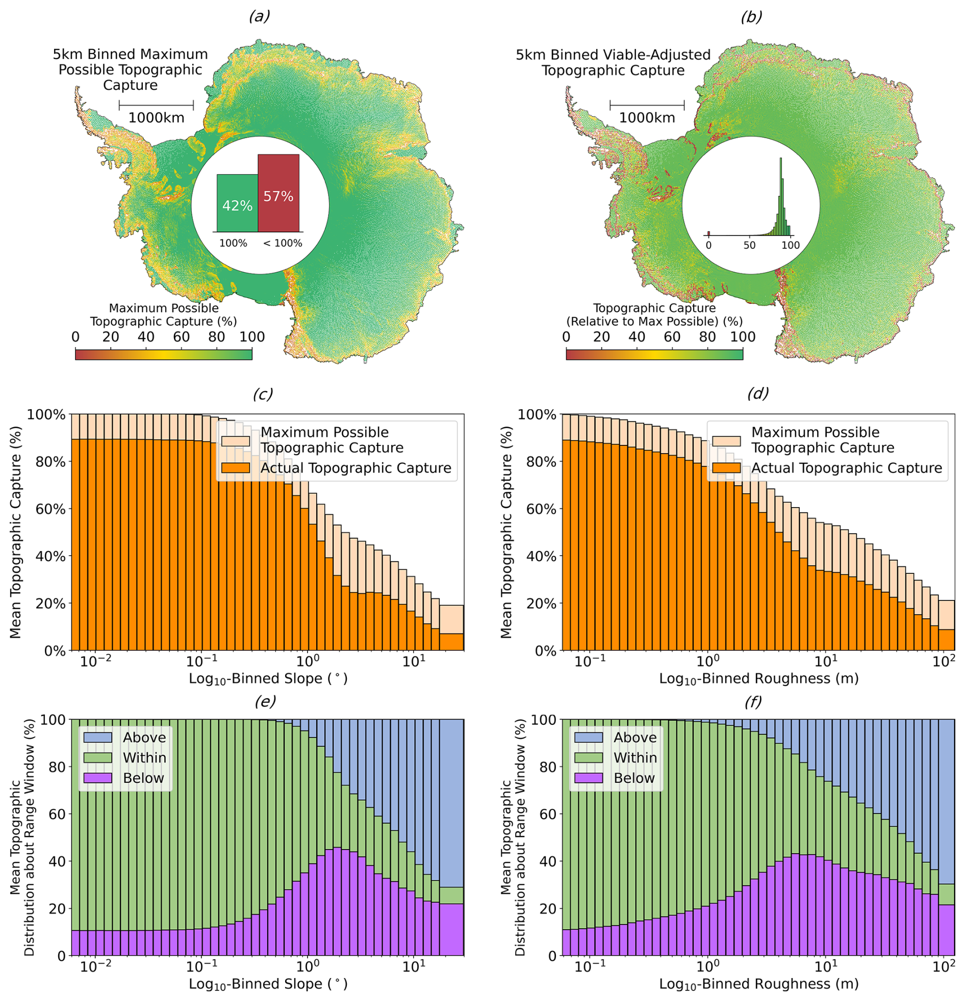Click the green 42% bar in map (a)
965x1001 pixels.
(237, 203)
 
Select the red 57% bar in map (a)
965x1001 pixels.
(278, 193)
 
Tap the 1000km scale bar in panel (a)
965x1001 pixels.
(156, 106)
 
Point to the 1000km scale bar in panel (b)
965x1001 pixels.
(647, 106)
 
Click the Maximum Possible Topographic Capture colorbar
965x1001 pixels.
(164, 354)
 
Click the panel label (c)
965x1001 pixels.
(263, 394)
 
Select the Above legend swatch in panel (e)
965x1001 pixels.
(97, 737)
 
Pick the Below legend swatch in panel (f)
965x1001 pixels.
(588, 778)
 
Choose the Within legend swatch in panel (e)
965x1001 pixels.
(97, 757)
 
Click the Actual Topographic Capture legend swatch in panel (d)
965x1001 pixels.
(726, 468)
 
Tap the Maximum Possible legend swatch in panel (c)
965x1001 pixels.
(236, 440)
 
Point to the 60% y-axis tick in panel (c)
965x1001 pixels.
(54, 509)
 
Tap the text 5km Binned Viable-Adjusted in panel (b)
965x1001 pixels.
(613, 55)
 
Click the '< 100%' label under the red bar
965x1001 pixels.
(283, 244)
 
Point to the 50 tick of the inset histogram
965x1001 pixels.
(749, 245)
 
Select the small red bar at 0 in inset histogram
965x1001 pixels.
(709, 233)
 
